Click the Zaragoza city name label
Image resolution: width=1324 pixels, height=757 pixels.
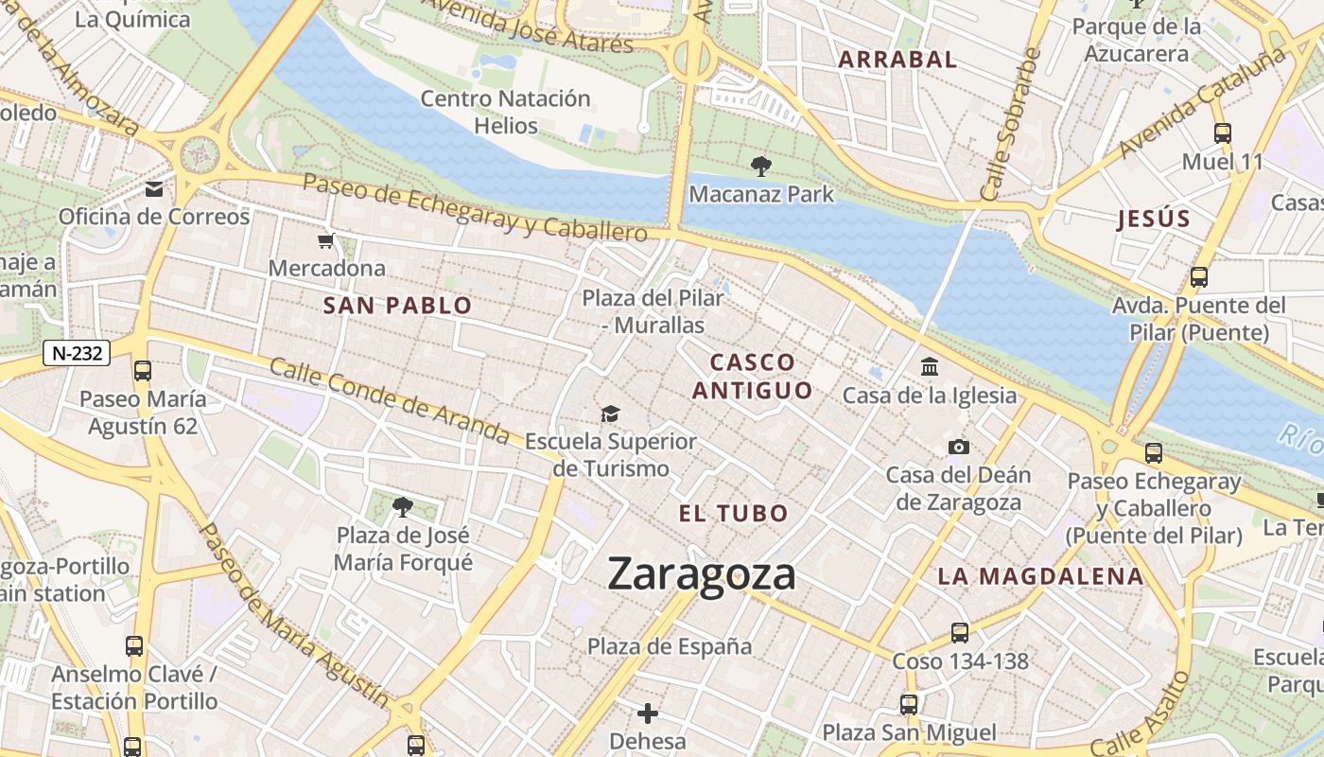pyautogui.click(x=701, y=574)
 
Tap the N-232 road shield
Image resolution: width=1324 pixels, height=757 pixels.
pyautogui.click(x=77, y=354)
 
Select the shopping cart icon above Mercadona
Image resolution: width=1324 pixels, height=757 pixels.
pyautogui.click(x=326, y=241)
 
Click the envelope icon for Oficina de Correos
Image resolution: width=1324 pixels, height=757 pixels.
pyautogui.click(x=154, y=189)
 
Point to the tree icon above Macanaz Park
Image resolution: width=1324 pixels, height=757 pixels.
pyautogui.click(x=760, y=167)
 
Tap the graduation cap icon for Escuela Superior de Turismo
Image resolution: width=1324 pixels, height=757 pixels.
pyautogui.click(x=610, y=414)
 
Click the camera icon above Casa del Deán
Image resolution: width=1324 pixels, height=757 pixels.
pyautogui.click(x=958, y=447)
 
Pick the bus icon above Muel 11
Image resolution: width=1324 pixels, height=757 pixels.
pyautogui.click(x=1222, y=133)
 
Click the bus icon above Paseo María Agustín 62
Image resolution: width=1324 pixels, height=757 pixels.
pyautogui.click(x=143, y=371)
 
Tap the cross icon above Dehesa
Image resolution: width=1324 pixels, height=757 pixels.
pyautogui.click(x=648, y=713)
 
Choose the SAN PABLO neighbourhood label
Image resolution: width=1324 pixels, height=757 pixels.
pyautogui.click(x=397, y=306)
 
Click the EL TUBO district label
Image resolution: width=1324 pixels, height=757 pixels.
pyautogui.click(x=733, y=514)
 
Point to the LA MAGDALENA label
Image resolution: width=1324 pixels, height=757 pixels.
pyautogui.click(x=1040, y=576)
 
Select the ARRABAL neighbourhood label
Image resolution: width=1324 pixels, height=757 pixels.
pyautogui.click(x=897, y=60)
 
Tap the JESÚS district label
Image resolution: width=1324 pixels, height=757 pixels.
pyautogui.click(x=1153, y=220)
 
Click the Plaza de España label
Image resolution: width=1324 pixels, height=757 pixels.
pyautogui.click(x=670, y=646)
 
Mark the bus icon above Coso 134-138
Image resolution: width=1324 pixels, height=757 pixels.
pyautogui.click(x=960, y=633)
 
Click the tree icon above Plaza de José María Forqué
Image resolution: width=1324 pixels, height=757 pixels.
pyautogui.click(x=403, y=507)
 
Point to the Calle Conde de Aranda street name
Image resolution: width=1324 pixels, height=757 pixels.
pyautogui.click(x=390, y=400)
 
